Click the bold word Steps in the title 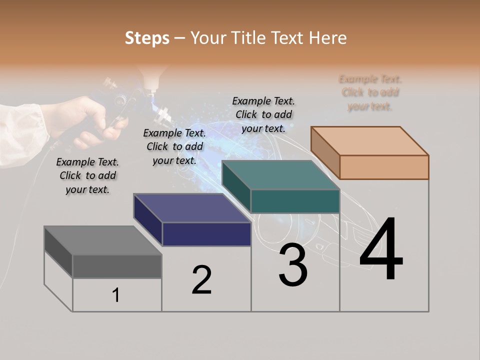pyautogui.click(x=147, y=38)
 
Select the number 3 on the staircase pyautogui.click(x=292, y=265)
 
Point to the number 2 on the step pyautogui.click(x=201, y=280)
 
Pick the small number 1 pyautogui.click(x=116, y=295)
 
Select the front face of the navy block pyautogui.click(x=206, y=234)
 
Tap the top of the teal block pyautogui.click(x=280, y=175)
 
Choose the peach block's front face pyautogui.click(x=384, y=167)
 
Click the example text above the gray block pyautogui.click(x=87, y=175)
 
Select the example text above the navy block pyautogui.click(x=174, y=146)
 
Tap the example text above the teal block pyautogui.click(x=263, y=114)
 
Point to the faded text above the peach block pyautogui.click(x=370, y=92)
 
